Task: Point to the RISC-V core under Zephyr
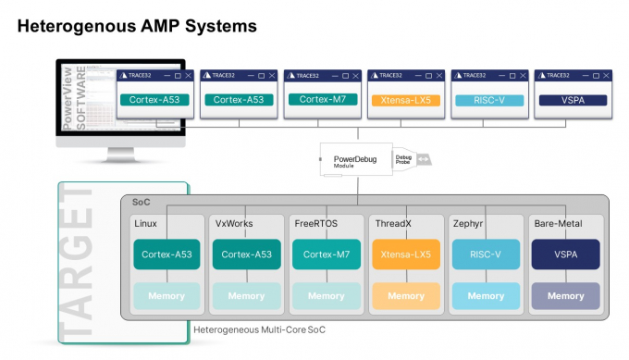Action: [x=487, y=254]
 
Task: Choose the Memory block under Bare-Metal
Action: [x=566, y=296]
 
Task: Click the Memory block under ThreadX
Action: [x=406, y=296]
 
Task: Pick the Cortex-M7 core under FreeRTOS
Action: [x=326, y=254]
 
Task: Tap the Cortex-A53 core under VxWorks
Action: [x=246, y=254]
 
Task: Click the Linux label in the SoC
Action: [x=146, y=224]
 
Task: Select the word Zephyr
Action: [x=468, y=224]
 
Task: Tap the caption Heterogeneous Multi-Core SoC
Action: [x=259, y=329]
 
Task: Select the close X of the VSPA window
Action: [x=605, y=75]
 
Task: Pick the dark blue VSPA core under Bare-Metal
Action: [x=566, y=254]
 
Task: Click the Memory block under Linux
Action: [x=166, y=296]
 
